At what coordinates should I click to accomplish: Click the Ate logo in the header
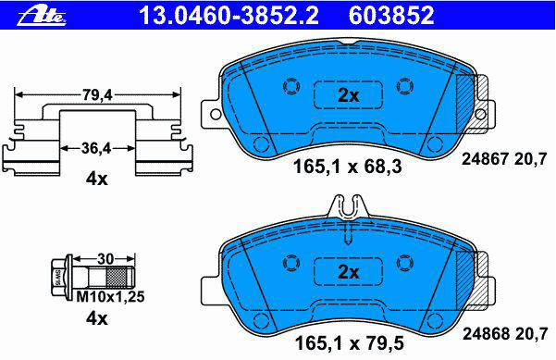[42, 15]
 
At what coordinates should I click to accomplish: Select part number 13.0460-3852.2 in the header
[229, 15]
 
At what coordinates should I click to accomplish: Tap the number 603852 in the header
[391, 15]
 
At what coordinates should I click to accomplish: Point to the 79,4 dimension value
[97, 94]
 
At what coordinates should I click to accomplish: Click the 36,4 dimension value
[96, 148]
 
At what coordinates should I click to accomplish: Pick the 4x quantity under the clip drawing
[96, 179]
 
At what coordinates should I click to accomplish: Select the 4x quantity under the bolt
[96, 318]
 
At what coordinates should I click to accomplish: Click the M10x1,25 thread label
[110, 296]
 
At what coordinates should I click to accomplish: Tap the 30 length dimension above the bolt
[105, 259]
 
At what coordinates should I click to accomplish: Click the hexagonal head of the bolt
[57, 278]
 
